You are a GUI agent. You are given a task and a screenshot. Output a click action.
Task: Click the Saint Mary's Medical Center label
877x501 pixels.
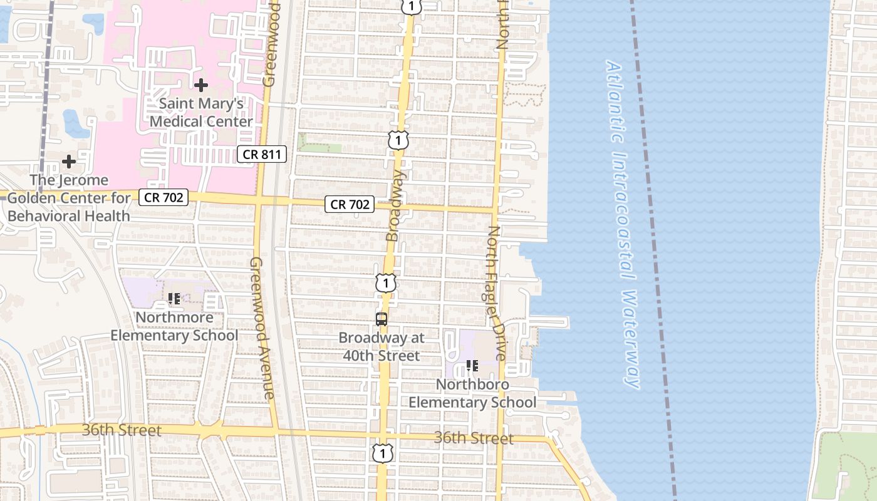(202, 112)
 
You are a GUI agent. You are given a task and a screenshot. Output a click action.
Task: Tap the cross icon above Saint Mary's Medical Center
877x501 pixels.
(201, 85)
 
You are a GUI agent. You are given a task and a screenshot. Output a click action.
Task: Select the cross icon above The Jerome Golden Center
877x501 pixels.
(69, 162)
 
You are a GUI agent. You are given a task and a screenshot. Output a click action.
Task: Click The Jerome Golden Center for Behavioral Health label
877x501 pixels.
(69, 198)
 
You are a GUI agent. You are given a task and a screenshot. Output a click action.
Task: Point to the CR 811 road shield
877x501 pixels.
(262, 154)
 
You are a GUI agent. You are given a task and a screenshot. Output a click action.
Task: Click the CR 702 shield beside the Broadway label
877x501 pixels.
(350, 204)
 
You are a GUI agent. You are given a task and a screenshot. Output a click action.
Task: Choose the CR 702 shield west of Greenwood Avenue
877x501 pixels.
(163, 197)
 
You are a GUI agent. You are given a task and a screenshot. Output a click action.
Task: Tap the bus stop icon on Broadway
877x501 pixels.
(381, 319)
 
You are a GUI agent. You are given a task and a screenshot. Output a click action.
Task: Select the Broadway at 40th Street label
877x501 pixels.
(381, 347)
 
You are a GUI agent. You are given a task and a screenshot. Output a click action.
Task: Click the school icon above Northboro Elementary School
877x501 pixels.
(472, 366)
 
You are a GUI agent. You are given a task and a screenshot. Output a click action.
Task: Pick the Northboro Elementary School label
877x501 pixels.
(473, 393)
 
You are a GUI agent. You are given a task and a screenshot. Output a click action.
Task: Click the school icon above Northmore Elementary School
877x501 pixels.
(174, 299)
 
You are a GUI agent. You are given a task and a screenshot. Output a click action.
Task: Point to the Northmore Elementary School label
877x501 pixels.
(174, 326)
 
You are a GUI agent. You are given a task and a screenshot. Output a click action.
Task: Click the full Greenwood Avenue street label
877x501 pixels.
(262, 328)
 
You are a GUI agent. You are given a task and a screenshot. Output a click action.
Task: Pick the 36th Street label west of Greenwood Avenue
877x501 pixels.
(122, 430)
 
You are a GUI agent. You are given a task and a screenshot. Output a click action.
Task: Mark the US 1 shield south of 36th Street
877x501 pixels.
(382, 453)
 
